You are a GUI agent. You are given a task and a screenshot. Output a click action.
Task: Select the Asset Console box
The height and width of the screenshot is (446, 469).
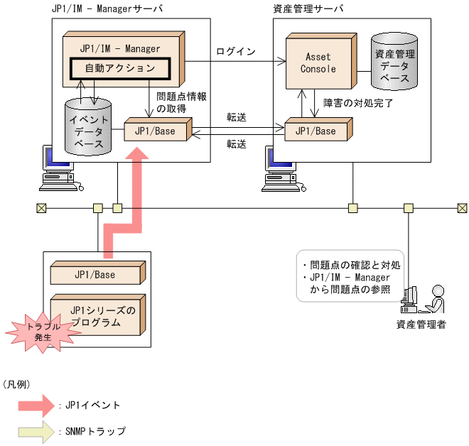click(x=318, y=62)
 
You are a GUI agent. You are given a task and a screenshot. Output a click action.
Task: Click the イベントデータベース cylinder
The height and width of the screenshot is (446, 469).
click(x=89, y=126)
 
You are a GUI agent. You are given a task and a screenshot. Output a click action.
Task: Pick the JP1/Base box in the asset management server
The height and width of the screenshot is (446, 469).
click(x=316, y=131)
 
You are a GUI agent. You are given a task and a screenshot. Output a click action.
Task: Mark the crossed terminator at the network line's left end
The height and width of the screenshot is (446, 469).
click(x=41, y=208)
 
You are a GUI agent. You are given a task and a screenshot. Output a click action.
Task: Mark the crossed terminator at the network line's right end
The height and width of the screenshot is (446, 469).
click(x=463, y=208)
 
